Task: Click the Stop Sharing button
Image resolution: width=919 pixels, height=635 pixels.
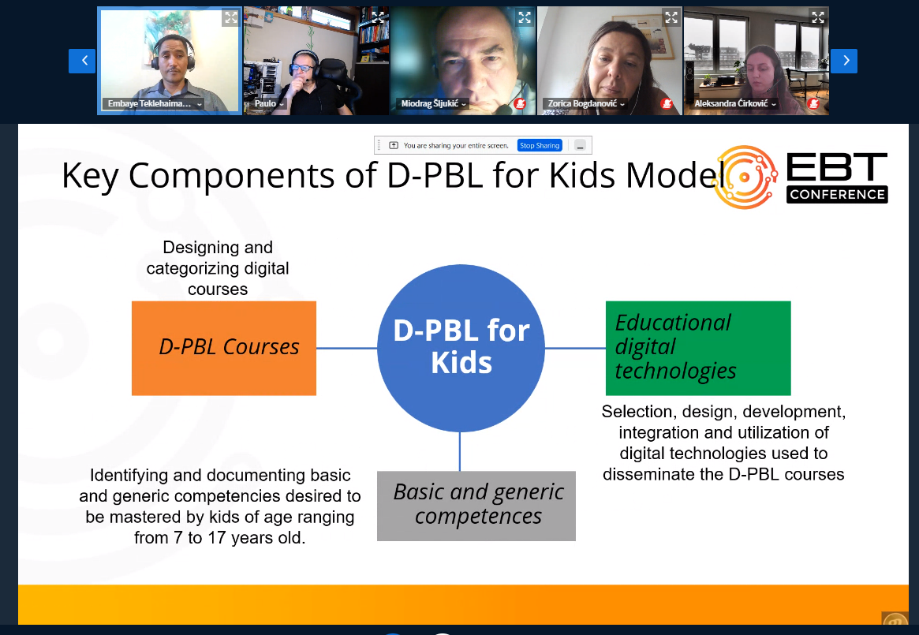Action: (540, 145)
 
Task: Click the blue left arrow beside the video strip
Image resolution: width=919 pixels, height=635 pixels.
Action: (82, 61)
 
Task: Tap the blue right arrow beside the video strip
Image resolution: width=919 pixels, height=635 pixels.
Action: (844, 61)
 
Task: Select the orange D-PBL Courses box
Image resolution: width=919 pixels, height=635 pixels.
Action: (224, 349)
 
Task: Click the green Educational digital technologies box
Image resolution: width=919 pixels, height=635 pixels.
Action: (698, 349)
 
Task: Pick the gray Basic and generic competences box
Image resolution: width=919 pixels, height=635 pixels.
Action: (476, 506)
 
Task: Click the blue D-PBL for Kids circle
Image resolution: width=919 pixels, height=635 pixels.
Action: (461, 349)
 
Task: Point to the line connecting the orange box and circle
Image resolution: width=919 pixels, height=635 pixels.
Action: (347, 349)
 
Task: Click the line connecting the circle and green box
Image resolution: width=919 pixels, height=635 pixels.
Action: (576, 349)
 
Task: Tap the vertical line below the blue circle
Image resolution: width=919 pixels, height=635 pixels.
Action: (460, 451)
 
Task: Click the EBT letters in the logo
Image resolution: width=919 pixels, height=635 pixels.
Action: (837, 167)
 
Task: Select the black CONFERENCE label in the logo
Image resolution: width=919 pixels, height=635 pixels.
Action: (837, 195)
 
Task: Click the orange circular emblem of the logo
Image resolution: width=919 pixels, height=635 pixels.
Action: (745, 177)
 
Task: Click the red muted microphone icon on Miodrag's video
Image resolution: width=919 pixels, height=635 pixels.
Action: (519, 104)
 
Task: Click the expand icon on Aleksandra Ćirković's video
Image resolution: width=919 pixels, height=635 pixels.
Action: (817, 17)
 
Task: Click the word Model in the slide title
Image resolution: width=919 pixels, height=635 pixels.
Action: (674, 175)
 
